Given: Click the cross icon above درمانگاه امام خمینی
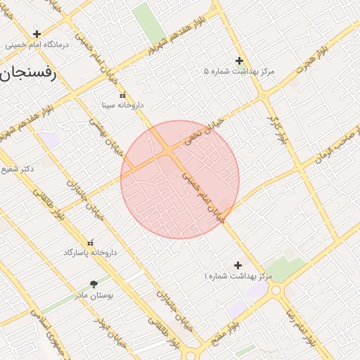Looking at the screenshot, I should pos(37,33).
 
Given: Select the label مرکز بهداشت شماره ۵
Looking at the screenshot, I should pos(238,72).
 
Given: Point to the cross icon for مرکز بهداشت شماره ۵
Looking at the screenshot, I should pos(239,60).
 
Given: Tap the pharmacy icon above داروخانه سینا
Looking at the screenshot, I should pos(122,95).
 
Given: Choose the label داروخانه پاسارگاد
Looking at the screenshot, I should pos(90,252).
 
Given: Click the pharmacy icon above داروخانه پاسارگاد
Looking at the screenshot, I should pos(90,242).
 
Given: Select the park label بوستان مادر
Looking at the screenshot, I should pos(94,295).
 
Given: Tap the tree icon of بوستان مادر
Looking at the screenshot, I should pos(94,285).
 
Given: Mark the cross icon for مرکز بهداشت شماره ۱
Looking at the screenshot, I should pos(238,265).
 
